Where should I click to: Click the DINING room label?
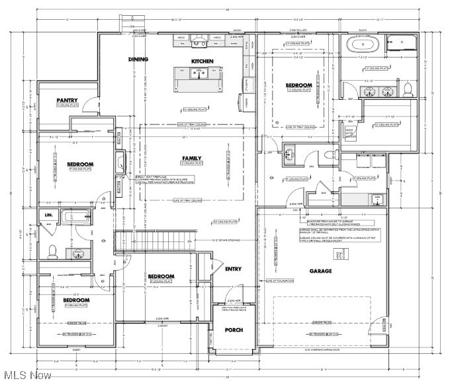tap(139, 60)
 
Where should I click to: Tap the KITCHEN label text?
tap(202, 61)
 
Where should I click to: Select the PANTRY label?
tap(67, 101)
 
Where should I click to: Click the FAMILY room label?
tap(192, 158)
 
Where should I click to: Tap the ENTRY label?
tap(234, 269)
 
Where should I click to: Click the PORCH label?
tap(234, 329)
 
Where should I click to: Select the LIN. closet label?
tap(48, 215)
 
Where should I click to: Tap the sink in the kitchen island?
tap(197, 74)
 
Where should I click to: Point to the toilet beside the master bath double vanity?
tap(408, 88)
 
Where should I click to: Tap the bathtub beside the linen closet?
tap(78, 216)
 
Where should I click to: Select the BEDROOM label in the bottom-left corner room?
tap(76, 300)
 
